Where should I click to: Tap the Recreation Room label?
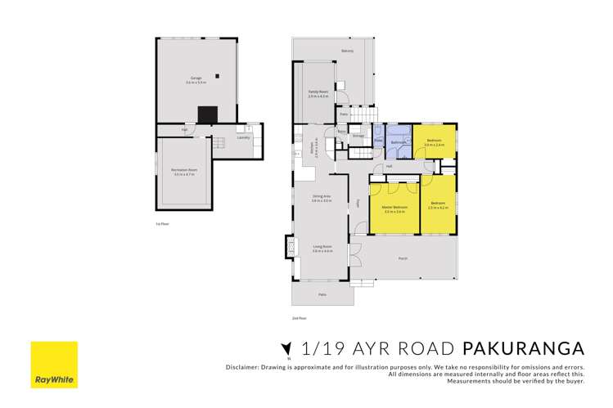(x=183, y=171)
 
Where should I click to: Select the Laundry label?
(x=242, y=137)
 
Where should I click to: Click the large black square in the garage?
(x=208, y=114)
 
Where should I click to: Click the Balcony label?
(x=347, y=52)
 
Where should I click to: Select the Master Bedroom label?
(x=394, y=208)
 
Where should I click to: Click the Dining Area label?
(x=321, y=197)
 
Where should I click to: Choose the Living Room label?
(x=321, y=247)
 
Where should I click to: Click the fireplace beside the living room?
(x=287, y=247)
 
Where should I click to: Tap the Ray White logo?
(x=54, y=364)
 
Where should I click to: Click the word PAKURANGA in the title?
(x=523, y=348)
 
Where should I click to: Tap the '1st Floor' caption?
(x=162, y=223)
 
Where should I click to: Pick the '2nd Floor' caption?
(x=299, y=317)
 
